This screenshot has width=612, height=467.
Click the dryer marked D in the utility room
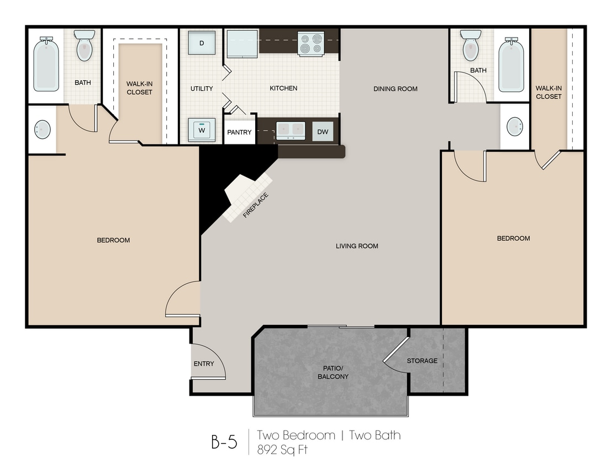[202, 43]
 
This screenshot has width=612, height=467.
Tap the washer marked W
[202, 129]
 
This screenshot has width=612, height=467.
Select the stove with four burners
[311, 43]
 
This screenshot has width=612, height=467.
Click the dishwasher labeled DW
[323, 132]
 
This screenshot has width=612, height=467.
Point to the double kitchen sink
[291, 130]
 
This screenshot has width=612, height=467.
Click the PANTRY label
[239, 132]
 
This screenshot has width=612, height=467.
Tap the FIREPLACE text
[256, 205]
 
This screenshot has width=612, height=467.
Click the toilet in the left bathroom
[85, 45]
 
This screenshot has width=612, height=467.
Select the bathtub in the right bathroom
[511, 65]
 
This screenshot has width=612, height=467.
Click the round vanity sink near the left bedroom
[42, 129]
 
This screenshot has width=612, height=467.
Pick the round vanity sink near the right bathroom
[515, 126]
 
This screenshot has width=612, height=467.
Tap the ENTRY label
[204, 364]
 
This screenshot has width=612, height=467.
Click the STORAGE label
[423, 361]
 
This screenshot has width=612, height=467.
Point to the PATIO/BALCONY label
[333, 372]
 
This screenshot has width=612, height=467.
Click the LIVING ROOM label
[357, 246]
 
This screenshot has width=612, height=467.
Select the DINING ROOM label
[395, 89]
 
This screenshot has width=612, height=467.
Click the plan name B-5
[224, 442]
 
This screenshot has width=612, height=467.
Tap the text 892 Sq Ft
[282, 450]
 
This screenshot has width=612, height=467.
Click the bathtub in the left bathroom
[46, 65]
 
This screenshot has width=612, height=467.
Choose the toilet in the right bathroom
[471, 45]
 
